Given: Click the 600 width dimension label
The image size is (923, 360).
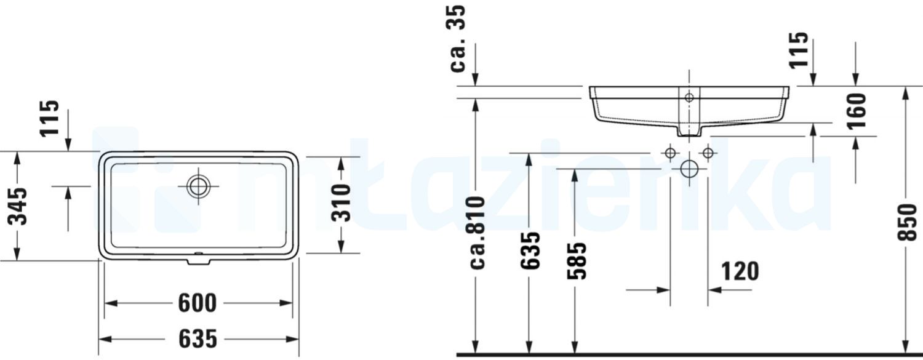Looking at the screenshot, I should [x=198, y=303].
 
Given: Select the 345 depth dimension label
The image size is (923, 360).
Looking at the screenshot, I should [x=19, y=206].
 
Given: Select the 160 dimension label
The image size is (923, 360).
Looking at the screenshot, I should [x=855, y=110].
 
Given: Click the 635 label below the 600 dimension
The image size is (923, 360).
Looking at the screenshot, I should [x=198, y=338].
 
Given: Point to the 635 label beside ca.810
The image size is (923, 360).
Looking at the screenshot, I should [x=530, y=250].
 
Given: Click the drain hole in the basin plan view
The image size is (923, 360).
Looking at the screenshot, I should [x=199, y=186].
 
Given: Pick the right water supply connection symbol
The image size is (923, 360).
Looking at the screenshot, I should [x=708, y=153].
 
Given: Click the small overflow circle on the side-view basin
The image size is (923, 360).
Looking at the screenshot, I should [x=689, y=97].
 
